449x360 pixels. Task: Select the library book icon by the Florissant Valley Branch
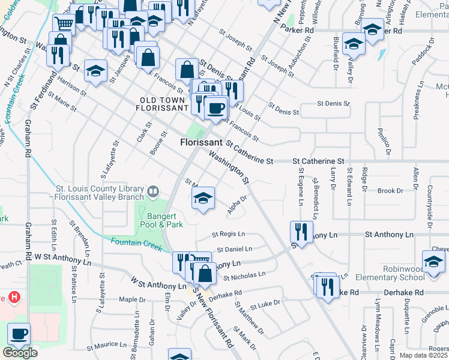coord(153,191)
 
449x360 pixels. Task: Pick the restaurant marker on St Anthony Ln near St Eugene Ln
coord(301,231)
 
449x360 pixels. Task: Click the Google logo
coord(19,353)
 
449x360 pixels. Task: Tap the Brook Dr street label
coord(390,191)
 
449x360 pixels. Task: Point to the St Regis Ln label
coord(229,234)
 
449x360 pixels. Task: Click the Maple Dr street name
coord(128,299)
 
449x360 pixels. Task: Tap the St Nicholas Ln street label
coord(244,276)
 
